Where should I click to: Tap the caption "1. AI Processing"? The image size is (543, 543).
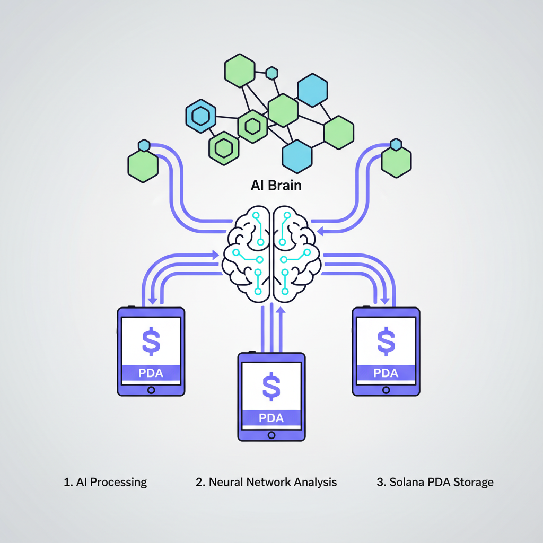[105, 482]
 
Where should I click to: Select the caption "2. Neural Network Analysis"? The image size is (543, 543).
[266, 482]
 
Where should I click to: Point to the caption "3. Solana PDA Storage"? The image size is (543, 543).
[435, 482]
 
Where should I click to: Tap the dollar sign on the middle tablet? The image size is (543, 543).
[271, 386]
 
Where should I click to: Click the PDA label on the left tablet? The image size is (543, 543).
[151, 373]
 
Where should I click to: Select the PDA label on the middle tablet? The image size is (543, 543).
[271, 418]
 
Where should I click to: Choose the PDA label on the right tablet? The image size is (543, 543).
[386, 373]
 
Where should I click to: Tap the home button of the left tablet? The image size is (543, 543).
[151, 390]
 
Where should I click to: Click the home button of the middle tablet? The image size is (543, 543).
[271, 434]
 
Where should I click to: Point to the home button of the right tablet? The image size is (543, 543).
[386, 389]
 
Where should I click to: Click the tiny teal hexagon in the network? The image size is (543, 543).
[272, 73]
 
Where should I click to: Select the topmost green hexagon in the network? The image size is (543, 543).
[240, 70]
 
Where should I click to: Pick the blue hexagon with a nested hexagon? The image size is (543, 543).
[200, 115]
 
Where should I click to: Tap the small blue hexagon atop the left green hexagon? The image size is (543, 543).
[144, 145]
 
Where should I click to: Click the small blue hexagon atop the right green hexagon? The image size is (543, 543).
[396, 145]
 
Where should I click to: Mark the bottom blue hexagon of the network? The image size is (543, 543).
[297, 156]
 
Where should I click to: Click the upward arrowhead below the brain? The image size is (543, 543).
[281, 310]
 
